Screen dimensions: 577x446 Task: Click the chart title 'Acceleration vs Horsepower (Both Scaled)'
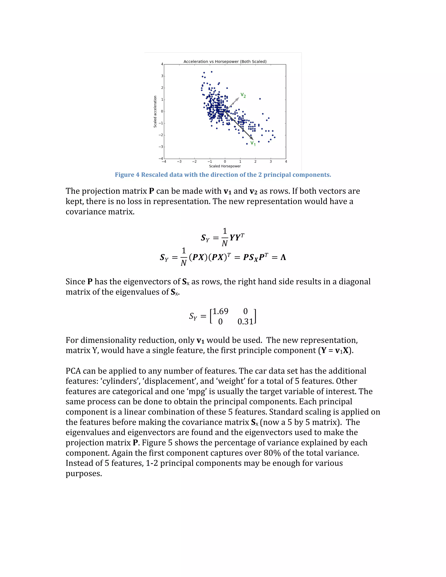pyautogui.click(x=225, y=62)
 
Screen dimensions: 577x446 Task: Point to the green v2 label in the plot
pyautogui.click(x=243, y=95)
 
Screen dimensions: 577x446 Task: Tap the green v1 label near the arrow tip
pyautogui.click(x=253, y=143)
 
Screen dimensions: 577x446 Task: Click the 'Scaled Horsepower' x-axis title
pyautogui.click(x=225, y=166)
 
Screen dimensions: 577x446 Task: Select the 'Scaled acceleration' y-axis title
pyautogui.click(x=155, y=111)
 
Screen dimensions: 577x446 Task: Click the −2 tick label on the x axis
pyautogui.click(x=194, y=161)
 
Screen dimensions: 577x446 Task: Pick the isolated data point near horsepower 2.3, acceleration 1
pyautogui.click(x=260, y=99)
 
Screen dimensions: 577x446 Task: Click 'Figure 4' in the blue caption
pyautogui.click(x=127, y=175)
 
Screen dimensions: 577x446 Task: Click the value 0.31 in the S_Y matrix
pyautogui.click(x=245, y=322)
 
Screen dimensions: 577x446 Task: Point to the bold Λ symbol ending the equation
pyautogui.click(x=283, y=257)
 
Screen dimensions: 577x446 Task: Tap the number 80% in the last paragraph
pyautogui.click(x=272, y=453)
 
